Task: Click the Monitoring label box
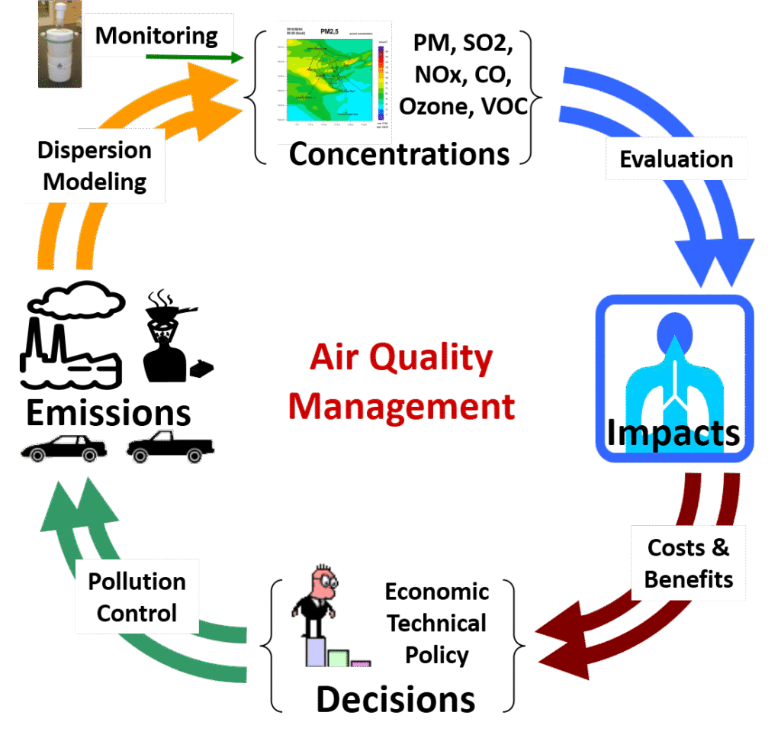point(156,35)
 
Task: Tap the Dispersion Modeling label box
point(95,166)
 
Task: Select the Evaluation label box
point(676,160)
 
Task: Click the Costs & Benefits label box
point(688,563)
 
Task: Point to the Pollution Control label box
point(137,597)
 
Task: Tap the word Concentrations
point(399,154)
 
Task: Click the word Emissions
point(108,413)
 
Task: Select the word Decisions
point(395,698)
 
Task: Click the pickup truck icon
point(169,447)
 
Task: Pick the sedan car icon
point(63,448)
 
